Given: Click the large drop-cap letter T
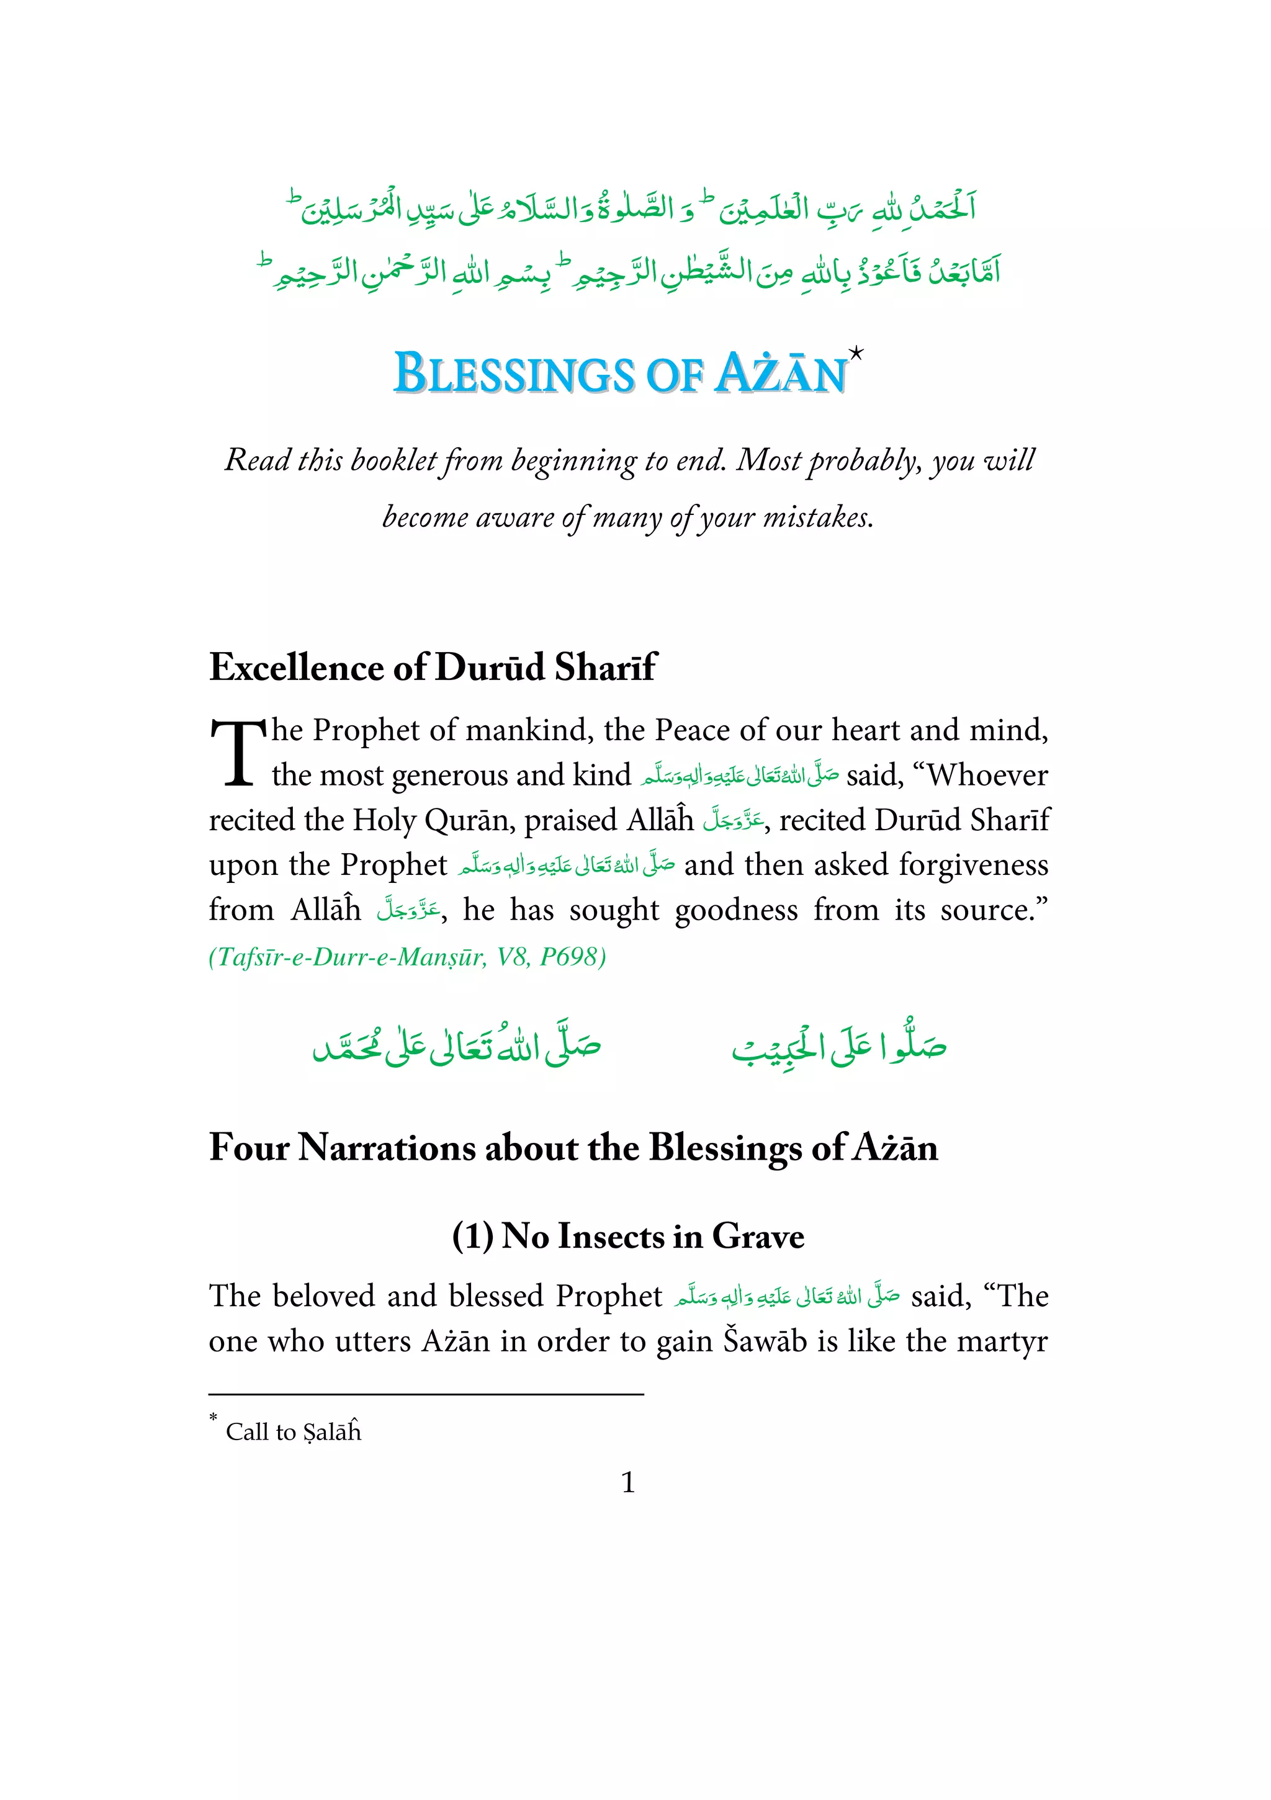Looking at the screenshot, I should click(238, 753).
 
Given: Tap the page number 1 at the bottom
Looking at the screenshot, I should click(627, 1482).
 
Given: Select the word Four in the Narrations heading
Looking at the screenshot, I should click(249, 1147).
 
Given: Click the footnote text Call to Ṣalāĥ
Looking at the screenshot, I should click(294, 1432).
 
